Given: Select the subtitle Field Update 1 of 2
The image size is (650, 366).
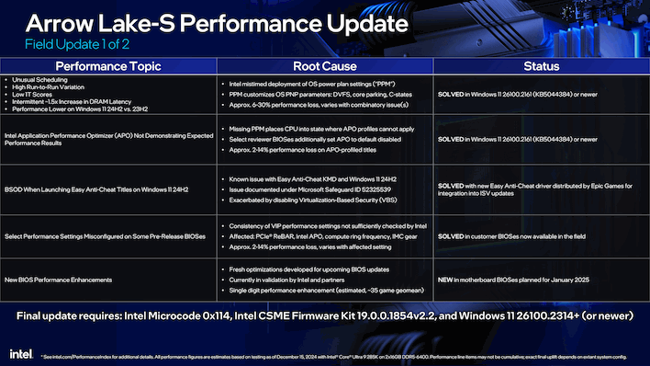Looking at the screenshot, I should click(109, 43).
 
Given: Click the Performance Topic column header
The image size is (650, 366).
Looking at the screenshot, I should click(108, 67).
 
